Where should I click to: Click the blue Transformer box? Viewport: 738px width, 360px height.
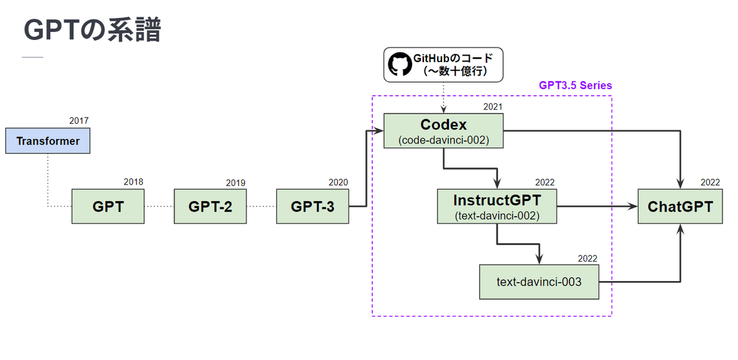pyautogui.click(x=48, y=141)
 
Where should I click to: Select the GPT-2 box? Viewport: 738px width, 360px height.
pyautogui.click(x=210, y=206)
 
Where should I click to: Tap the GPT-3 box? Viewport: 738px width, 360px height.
pyautogui.click(x=312, y=206)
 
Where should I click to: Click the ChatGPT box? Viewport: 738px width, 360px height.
pyautogui.click(x=680, y=206)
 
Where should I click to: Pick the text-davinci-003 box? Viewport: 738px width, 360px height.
pyautogui.click(x=539, y=282)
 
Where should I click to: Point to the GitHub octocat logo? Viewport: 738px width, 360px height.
pyautogui.click(x=400, y=64)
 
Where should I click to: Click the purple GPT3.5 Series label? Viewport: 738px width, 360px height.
pyautogui.click(x=575, y=86)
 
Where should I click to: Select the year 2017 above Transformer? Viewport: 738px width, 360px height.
pyautogui.click(x=79, y=121)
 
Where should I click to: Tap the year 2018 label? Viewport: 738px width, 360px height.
pyautogui.click(x=133, y=182)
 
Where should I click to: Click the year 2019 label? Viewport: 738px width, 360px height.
pyautogui.click(x=236, y=183)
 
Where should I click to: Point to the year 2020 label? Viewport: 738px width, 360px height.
pyautogui.click(x=338, y=182)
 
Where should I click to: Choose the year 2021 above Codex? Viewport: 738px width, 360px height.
pyautogui.click(x=493, y=107)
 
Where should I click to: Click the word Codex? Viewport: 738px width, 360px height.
pyautogui.click(x=443, y=124)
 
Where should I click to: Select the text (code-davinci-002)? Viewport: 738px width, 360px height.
pyautogui.click(x=443, y=140)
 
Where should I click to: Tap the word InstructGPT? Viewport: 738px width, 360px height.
pyautogui.click(x=497, y=200)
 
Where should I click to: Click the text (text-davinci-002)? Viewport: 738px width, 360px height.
pyautogui.click(x=497, y=215)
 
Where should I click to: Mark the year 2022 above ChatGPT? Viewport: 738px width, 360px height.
pyautogui.click(x=710, y=182)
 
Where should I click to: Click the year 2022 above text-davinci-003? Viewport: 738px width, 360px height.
pyautogui.click(x=587, y=258)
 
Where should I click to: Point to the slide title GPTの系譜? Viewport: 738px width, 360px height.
pyautogui.click(x=92, y=30)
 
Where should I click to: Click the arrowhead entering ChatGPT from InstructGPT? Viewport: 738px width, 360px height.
pyautogui.click(x=632, y=206)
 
